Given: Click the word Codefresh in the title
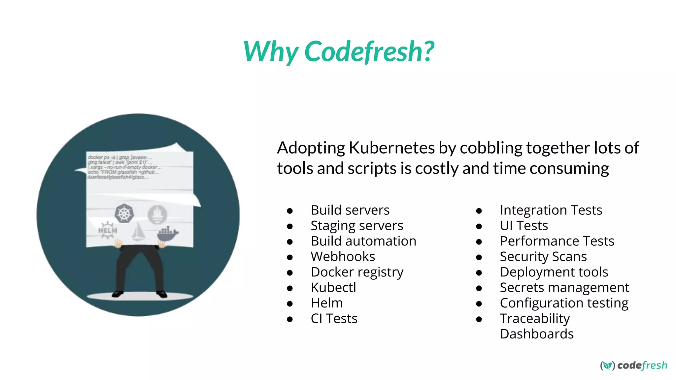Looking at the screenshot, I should (x=369, y=51).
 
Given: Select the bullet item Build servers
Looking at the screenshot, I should (x=350, y=210).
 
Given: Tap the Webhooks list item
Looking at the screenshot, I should (x=343, y=257).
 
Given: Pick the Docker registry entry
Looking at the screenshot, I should (x=357, y=272).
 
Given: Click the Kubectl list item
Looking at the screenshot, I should (x=333, y=288).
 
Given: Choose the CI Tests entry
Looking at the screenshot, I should (x=334, y=319).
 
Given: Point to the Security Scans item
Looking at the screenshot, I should (x=543, y=257).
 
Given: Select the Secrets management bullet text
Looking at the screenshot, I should (x=564, y=288).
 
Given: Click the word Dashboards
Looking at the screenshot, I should (x=536, y=334).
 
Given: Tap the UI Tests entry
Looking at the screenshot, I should (x=524, y=226).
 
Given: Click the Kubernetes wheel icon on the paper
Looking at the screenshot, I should (x=124, y=213).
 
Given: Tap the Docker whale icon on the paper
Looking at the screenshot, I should (x=168, y=234).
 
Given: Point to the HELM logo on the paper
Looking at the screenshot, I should (x=107, y=230).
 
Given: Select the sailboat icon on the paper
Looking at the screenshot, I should (x=138, y=232).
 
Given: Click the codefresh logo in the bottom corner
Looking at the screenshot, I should (x=633, y=365).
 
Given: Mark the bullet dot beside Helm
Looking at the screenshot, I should (x=290, y=303).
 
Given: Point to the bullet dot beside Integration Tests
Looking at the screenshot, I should (x=479, y=210).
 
